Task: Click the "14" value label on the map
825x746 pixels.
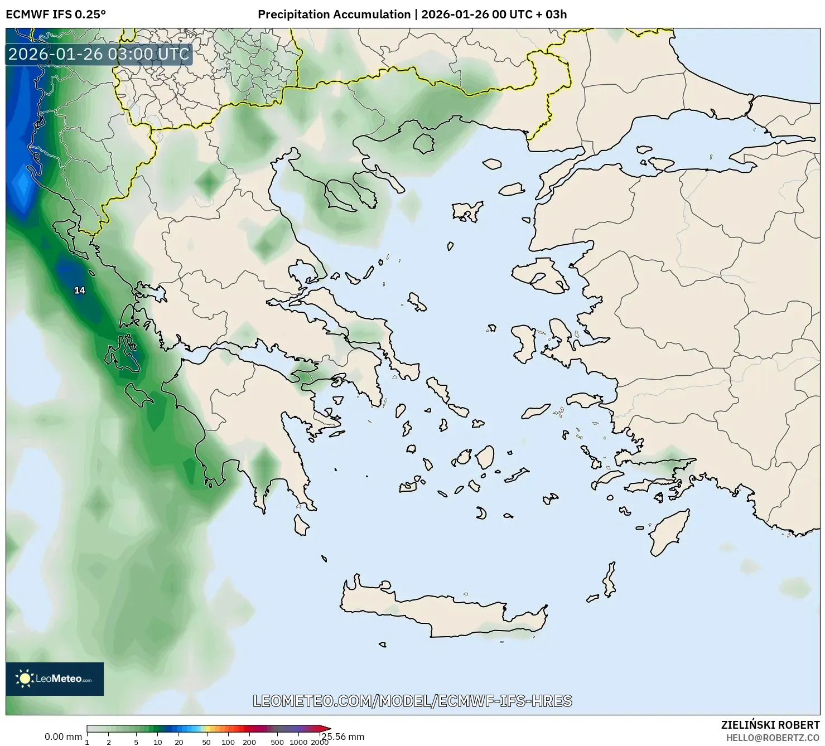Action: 80,290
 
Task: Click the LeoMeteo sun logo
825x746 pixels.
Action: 25,679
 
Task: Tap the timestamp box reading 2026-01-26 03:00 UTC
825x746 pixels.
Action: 99,54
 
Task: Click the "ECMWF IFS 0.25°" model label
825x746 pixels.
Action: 56,14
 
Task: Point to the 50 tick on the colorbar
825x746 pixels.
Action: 206,742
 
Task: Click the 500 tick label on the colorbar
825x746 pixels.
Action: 277,742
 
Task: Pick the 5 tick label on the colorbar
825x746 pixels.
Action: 136,742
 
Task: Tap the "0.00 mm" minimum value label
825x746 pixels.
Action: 63,737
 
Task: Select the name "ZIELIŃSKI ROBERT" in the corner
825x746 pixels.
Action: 770,725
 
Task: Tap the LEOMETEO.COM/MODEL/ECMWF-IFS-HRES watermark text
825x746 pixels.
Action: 412,701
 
